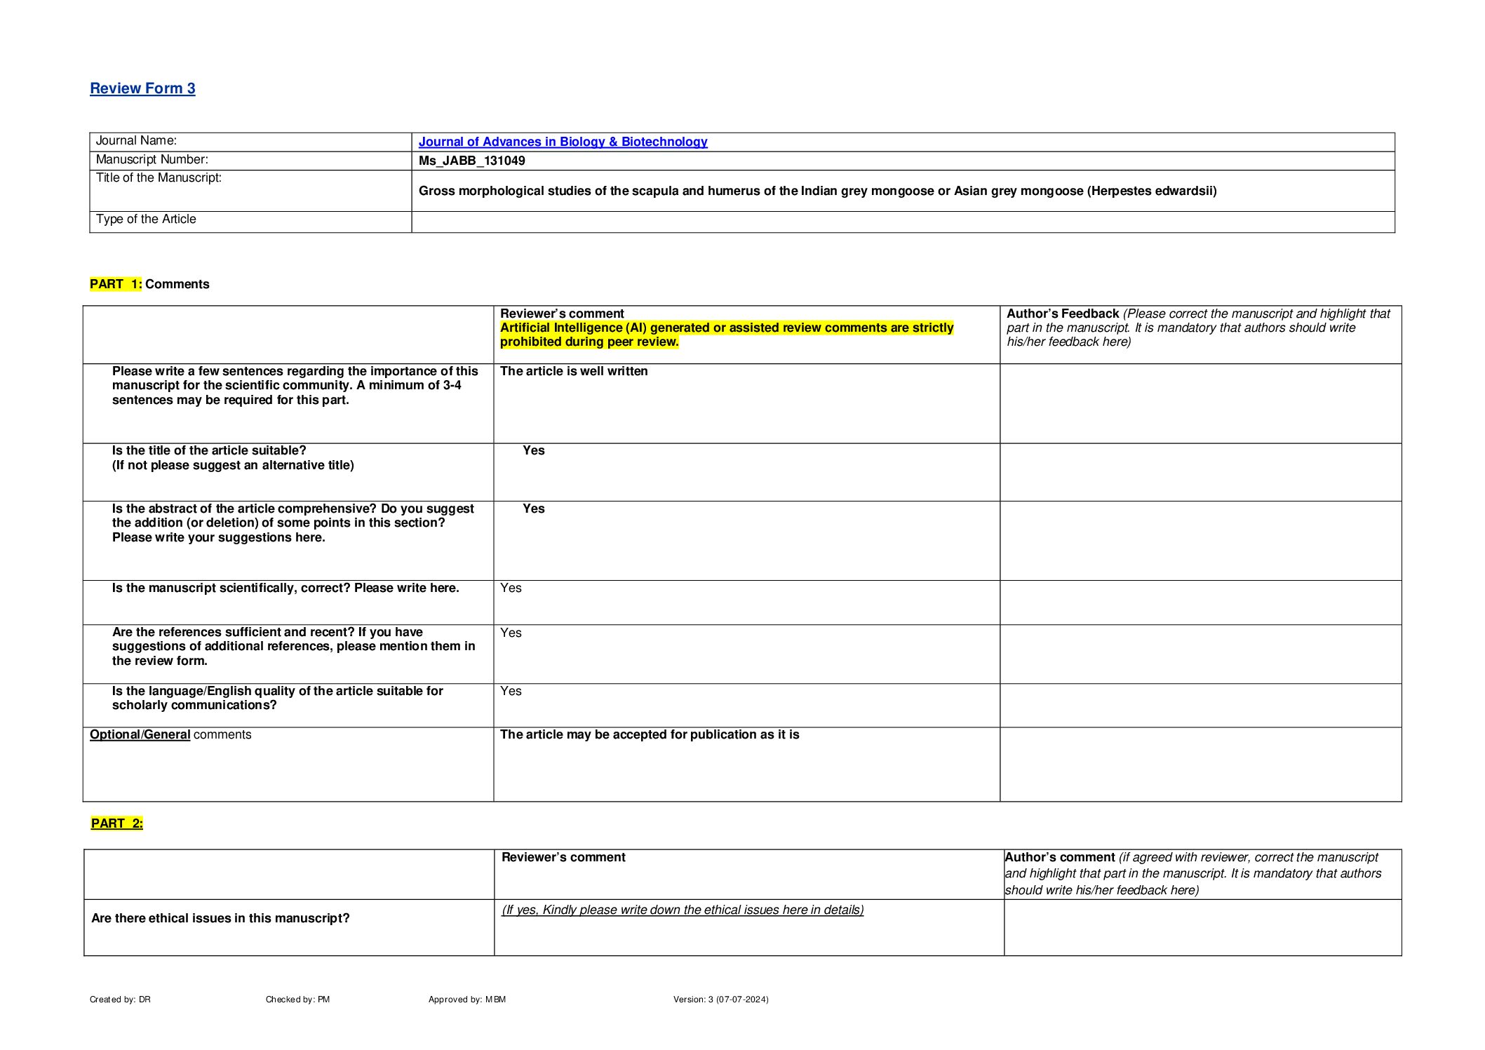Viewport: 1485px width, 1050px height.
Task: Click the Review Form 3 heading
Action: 142,88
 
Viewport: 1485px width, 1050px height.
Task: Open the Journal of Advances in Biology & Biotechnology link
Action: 563,142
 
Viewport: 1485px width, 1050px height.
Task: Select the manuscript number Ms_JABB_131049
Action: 471,161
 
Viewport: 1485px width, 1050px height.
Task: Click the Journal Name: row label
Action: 136,141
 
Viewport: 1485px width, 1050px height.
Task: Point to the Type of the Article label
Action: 146,220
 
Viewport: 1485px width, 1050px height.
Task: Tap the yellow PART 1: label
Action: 116,284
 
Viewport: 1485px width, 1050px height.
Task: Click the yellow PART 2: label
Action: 117,823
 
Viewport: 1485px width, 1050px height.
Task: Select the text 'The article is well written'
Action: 574,371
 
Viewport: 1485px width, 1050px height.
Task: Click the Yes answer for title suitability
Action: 533,450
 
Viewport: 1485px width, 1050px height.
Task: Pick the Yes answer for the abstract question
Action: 533,509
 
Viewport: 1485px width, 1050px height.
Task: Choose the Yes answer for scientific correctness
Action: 511,588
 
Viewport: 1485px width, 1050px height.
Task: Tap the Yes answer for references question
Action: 511,633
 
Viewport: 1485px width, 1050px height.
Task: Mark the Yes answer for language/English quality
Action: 511,691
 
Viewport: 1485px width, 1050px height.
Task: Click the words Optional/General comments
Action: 170,734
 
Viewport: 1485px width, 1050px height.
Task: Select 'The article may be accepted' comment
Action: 650,734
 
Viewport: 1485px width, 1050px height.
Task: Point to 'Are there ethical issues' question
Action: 220,918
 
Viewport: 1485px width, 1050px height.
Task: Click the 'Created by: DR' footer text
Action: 120,999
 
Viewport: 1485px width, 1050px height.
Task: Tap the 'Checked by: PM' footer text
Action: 297,999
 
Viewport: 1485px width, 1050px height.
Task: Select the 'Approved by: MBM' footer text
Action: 467,999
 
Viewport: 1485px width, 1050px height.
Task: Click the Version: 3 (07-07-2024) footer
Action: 720,999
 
